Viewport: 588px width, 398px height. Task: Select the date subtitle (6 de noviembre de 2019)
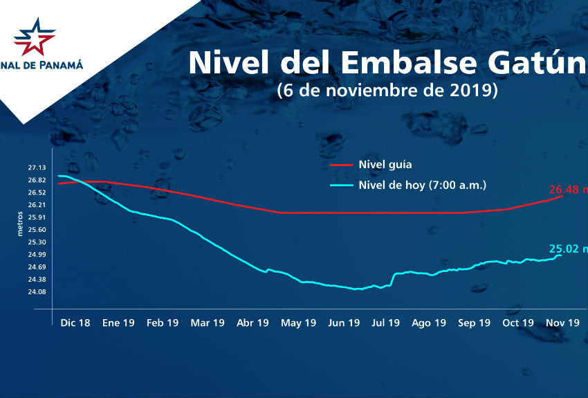(x=387, y=91)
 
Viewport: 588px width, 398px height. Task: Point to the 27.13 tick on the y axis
(x=37, y=168)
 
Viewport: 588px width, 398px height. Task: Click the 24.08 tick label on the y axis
(x=37, y=291)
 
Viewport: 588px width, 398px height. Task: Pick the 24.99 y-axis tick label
(x=37, y=255)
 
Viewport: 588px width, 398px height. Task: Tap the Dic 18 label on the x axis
(x=75, y=323)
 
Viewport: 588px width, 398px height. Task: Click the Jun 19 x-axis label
(x=344, y=323)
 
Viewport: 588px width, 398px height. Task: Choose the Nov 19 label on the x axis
(x=563, y=323)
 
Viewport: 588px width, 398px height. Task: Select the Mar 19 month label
(x=208, y=323)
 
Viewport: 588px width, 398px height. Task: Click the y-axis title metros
(x=20, y=224)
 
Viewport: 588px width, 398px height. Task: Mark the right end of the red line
(x=562, y=196)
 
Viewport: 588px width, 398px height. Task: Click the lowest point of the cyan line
(x=357, y=289)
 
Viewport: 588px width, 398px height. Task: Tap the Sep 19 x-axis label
(x=474, y=323)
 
